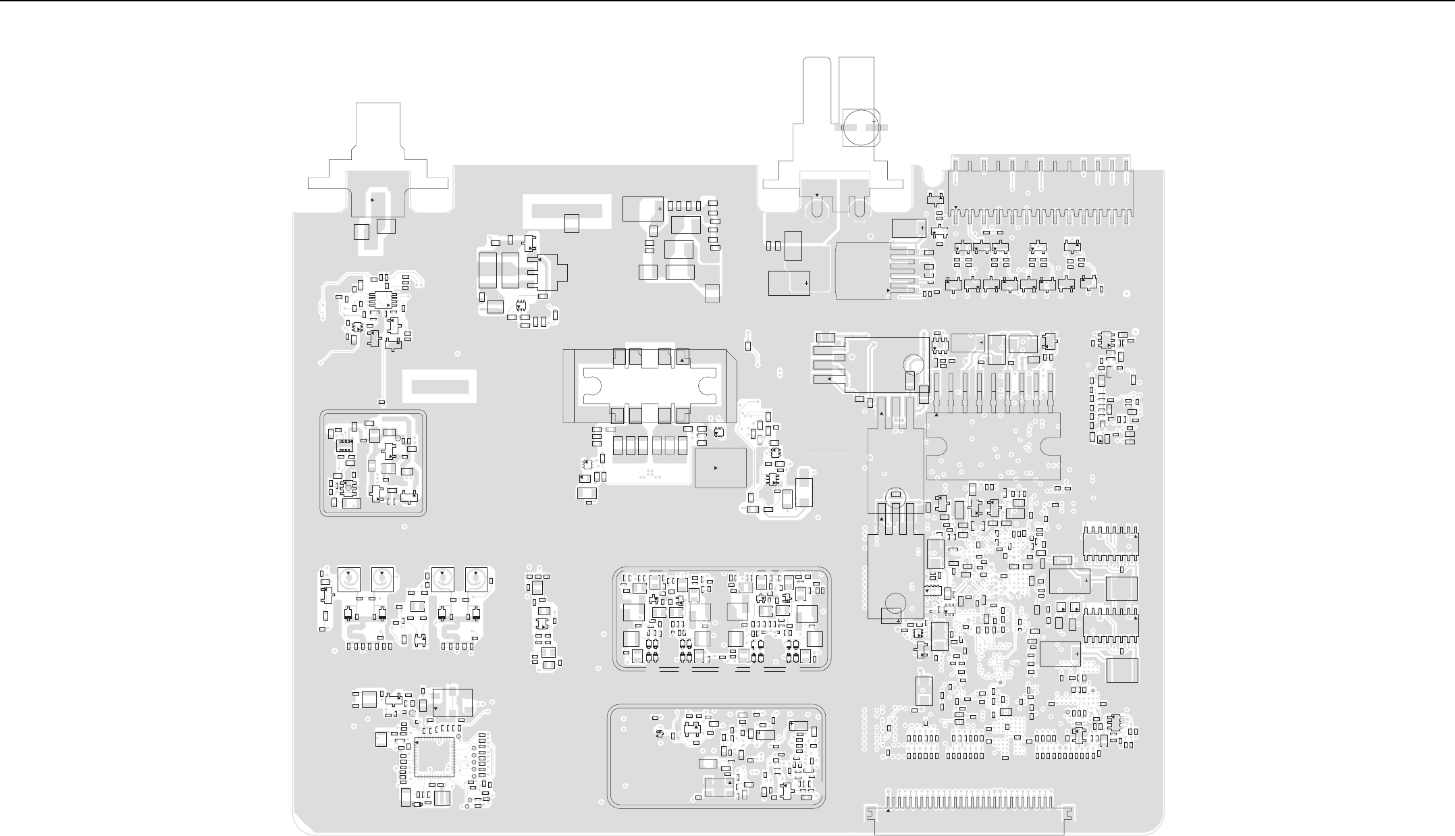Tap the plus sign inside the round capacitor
click(x=873, y=122)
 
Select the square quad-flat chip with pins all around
click(x=434, y=757)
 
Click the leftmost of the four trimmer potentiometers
click(x=348, y=579)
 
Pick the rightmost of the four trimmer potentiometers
click(x=476, y=579)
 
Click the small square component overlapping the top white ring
click(x=571, y=223)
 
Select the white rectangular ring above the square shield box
click(x=440, y=386)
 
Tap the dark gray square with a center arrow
click(x=720, y=467)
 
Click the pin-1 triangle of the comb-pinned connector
click(x=956, y=207)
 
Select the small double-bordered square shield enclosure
click(x=373, y=463)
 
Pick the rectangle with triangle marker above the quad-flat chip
click(x=452, y=702)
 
